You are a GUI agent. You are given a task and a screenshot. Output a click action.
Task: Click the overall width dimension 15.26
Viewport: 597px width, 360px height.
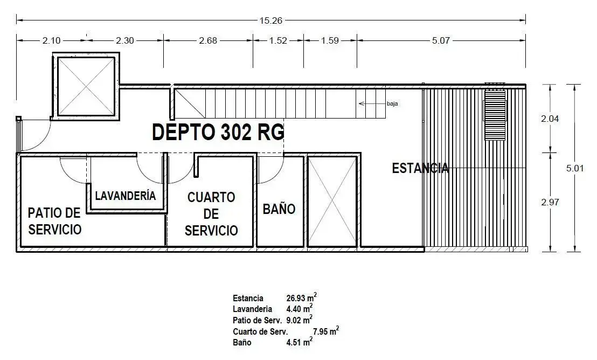271,20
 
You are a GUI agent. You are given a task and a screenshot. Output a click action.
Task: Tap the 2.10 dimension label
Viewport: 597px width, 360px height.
51,40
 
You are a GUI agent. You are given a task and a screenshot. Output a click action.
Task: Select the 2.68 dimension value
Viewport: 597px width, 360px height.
208,40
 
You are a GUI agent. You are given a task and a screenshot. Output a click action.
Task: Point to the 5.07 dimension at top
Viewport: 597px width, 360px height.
441,40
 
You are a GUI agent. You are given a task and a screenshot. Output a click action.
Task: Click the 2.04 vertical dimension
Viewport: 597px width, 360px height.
550,119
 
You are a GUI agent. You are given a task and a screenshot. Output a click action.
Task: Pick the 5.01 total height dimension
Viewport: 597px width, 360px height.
575,168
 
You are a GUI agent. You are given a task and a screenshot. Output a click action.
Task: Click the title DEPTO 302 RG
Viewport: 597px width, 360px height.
218,133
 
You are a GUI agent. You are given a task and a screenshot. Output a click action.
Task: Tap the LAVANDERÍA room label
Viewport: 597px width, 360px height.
125,196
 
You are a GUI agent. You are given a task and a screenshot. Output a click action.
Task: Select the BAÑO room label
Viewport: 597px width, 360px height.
279,209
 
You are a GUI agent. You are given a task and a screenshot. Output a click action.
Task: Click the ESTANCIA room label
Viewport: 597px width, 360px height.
420,168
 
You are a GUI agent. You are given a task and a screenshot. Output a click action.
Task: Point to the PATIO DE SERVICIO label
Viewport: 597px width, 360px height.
55,221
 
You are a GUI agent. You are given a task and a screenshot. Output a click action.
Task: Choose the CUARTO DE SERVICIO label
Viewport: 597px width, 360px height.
211,214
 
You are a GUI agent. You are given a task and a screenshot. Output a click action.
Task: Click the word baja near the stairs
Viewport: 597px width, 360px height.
393,103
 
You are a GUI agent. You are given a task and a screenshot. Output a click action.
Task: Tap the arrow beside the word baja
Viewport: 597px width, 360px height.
372,103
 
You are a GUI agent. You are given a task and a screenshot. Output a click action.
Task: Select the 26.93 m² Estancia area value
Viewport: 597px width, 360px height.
302,297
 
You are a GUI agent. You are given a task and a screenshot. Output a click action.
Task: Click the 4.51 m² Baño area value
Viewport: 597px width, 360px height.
299,342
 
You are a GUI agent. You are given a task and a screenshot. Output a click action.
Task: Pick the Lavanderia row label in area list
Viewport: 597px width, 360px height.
252,309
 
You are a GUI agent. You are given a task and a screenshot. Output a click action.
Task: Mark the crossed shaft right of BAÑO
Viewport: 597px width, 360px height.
332,201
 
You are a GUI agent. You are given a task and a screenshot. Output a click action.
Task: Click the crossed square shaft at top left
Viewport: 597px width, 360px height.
86,86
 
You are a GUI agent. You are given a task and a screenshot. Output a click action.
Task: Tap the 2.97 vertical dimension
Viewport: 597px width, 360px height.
550,202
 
